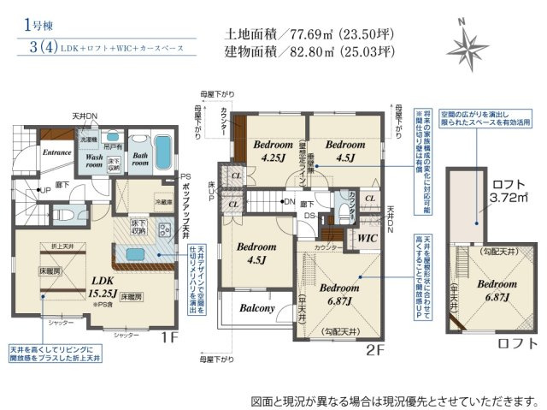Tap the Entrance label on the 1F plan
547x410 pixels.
click(56, 152)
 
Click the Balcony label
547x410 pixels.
click(256, 308)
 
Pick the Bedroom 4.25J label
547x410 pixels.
click(273, 151)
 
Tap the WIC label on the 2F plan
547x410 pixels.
click(368, 238)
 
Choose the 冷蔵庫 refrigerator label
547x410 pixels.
click(163, 202)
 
